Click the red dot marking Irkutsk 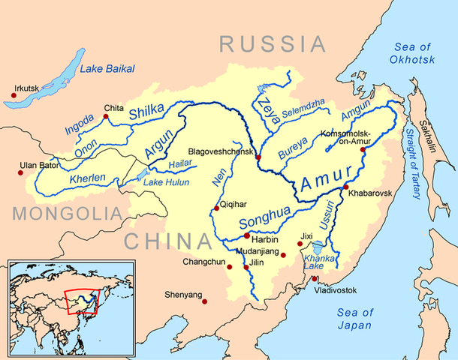click(x=14, y=95)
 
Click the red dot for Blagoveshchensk click(x=258, y=157)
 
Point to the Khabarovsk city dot click(x=345, y=187)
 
